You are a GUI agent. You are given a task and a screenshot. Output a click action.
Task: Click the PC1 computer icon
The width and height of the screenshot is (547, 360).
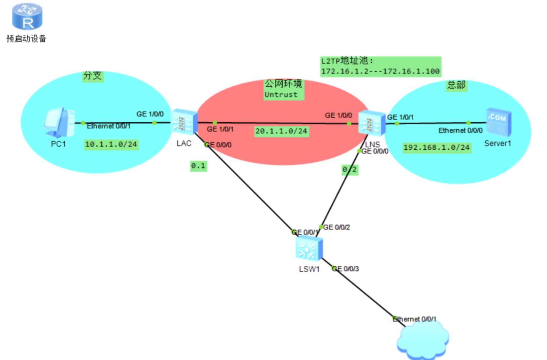[59, 122]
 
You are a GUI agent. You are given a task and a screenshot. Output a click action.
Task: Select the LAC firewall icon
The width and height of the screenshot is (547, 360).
[184, 122]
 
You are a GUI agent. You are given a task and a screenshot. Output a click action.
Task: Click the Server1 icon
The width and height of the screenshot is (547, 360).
[498, 122]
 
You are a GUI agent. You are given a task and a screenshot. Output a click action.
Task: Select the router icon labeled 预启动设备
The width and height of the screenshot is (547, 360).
[27, 17]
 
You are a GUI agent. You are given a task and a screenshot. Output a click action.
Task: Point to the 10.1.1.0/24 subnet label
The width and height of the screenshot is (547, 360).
[111, 145]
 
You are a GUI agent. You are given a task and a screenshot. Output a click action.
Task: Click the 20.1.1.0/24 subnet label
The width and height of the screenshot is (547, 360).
[281, 131]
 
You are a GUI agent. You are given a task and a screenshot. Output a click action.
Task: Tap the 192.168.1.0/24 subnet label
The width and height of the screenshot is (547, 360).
[437, 147]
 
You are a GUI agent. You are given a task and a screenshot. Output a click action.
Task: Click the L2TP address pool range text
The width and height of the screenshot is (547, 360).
[380, 71]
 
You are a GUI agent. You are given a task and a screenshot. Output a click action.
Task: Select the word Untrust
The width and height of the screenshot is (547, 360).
[281, 95]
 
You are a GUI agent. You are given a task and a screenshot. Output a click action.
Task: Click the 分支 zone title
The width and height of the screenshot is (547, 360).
[93, 76]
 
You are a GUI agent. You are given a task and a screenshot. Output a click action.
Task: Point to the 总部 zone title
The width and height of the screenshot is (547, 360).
[456, 85]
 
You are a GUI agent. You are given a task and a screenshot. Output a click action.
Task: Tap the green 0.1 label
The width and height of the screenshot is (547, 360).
[198, 166]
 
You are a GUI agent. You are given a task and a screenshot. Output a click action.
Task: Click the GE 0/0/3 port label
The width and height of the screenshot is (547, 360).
[346, 269]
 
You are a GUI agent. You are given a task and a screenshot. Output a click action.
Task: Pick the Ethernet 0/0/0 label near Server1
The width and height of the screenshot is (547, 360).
[460, 130]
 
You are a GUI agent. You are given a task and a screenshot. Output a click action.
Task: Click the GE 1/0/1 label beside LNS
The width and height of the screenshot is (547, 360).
[400, 117]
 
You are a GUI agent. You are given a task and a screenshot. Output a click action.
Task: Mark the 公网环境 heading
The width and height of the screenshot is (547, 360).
[283, 84]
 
